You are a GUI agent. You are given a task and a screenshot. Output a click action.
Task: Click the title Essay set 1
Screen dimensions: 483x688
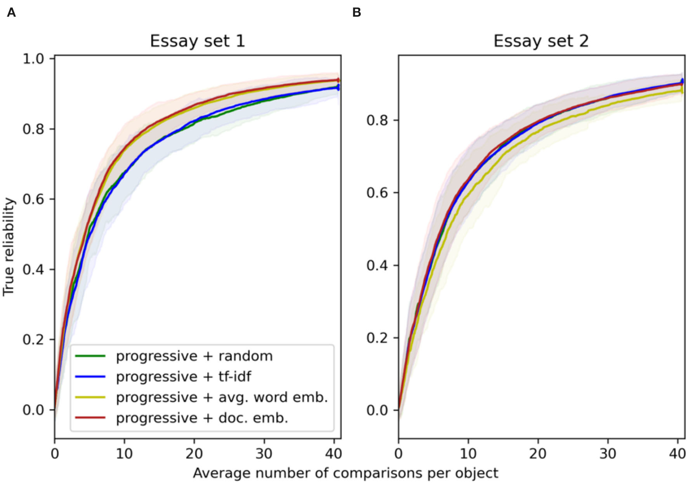[197, 41]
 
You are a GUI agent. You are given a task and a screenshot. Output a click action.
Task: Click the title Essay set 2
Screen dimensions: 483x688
[541, 41]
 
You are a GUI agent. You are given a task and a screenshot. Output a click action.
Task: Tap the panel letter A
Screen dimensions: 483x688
[11, 13]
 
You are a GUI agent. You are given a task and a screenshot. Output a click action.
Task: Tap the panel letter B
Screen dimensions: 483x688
[356, 13]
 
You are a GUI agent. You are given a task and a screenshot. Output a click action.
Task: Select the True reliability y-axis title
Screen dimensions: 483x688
[9, 247]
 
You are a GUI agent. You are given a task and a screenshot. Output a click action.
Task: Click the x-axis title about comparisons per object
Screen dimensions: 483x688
[345, 473]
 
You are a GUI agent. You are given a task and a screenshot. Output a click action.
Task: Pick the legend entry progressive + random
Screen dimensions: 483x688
[194, 356]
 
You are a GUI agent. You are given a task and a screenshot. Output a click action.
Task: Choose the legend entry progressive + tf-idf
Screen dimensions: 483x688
[183, 377]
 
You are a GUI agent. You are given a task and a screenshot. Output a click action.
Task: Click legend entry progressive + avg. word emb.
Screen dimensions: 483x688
[222, 397]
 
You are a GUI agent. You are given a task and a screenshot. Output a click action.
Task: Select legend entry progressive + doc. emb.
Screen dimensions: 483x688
[202, 418]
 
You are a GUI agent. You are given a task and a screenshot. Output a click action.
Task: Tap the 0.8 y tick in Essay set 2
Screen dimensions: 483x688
[377, 120]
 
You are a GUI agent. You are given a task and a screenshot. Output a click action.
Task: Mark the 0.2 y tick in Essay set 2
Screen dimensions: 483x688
[377, 338]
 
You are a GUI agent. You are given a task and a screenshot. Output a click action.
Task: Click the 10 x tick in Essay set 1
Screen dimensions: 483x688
[124, 454]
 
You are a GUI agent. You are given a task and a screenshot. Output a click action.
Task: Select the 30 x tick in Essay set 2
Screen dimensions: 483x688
[608, 454]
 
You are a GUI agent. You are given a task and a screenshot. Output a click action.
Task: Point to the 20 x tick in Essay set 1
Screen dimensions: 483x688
[194, 454]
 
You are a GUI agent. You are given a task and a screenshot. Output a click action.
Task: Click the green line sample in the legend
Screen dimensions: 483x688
[90, 356]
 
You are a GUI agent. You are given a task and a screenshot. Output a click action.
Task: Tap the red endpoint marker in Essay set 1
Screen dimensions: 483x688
[338, 80]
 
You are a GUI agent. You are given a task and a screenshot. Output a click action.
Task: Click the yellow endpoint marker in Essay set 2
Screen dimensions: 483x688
[682, 90]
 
